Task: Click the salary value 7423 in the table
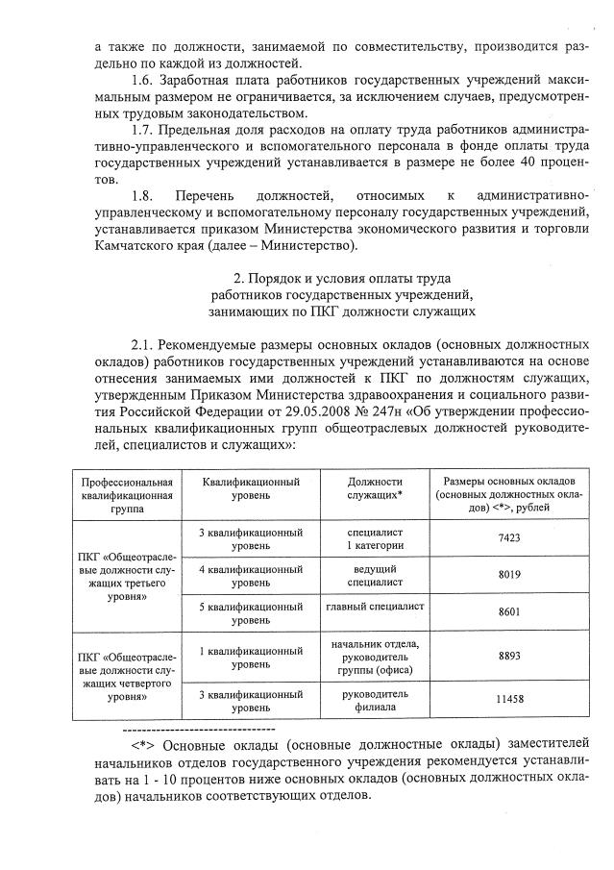click(x=508, y=538)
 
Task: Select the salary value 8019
click(x=508, y=576)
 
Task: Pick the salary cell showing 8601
click(x=508, y=611)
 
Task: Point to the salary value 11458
click(x=508, y=700)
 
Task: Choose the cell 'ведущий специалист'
click(x=374, y=576)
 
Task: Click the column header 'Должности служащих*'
click(x=374, y=487)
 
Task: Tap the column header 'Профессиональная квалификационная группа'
click(x=126, y=494)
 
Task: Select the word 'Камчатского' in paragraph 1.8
click(x=140, y=248)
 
